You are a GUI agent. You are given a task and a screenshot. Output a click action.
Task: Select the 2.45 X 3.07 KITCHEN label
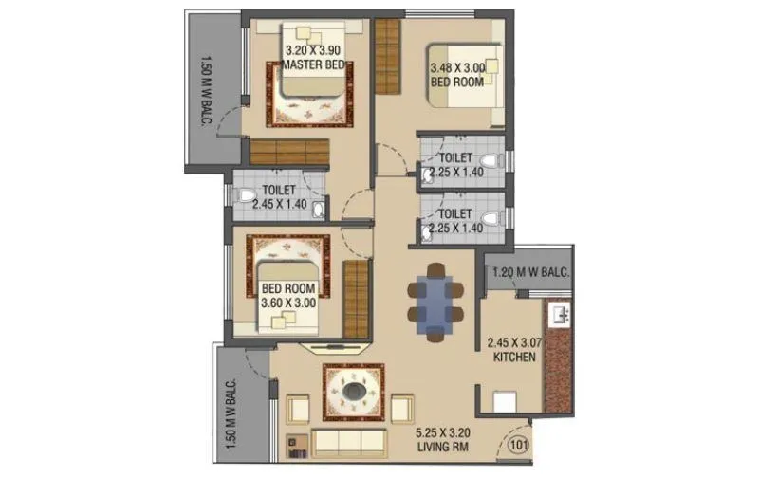[x=512, y=350]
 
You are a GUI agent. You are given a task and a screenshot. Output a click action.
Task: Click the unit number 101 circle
[x=518, y=443]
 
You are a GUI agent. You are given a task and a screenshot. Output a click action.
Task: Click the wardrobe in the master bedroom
[x=289, y=152]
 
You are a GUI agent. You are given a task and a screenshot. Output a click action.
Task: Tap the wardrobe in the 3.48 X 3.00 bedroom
[x=387, y=57]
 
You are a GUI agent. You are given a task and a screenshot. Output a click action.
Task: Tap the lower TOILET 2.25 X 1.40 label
[x=456, y=221]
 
